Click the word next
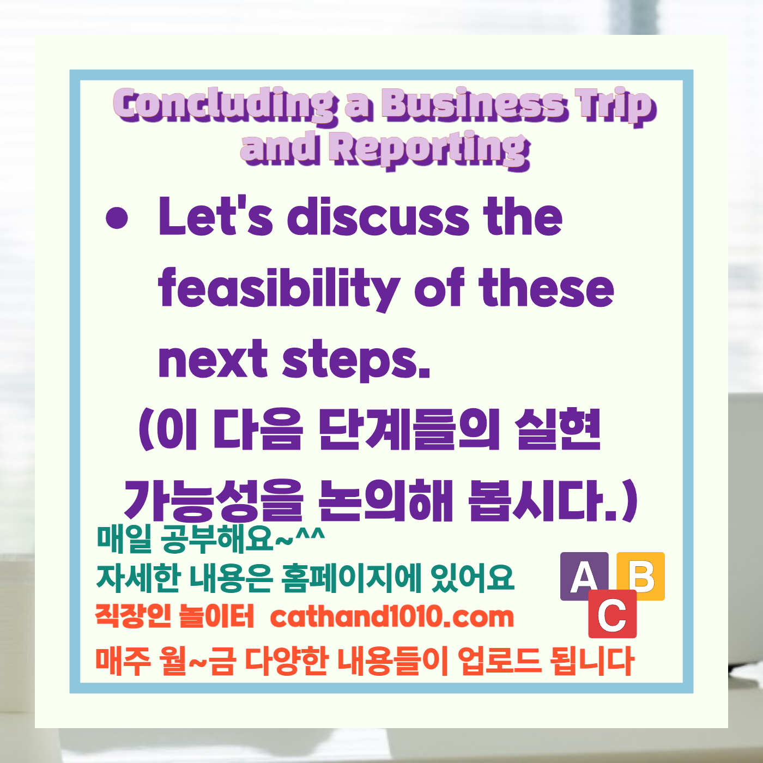click(x=213, y=360)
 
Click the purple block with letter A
click(x=584, y=576)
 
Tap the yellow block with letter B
click(x=642, y=576)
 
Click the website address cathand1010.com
click(x=392, y=617)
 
